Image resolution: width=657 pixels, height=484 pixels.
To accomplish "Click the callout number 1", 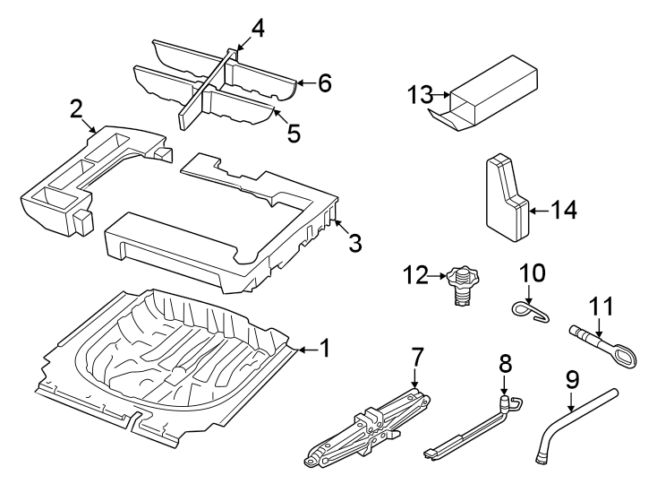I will pyautogui.click(x=325, y=348).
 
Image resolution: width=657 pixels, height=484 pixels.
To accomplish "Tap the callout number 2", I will pyautogui.click(x=77, y=110).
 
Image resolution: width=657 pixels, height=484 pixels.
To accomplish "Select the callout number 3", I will pyautogui.click(x=355, y=242).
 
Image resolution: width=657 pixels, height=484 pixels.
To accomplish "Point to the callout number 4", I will pyautogui.click(x=258, y=29).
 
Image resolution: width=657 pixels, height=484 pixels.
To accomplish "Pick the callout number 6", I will pyautogui.click(x=323, y=83).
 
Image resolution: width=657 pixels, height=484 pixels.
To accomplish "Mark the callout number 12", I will pyautogui.click(x=414, y=276).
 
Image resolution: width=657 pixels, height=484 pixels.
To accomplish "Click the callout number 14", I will pyautogui.click(x=563, y=211).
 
